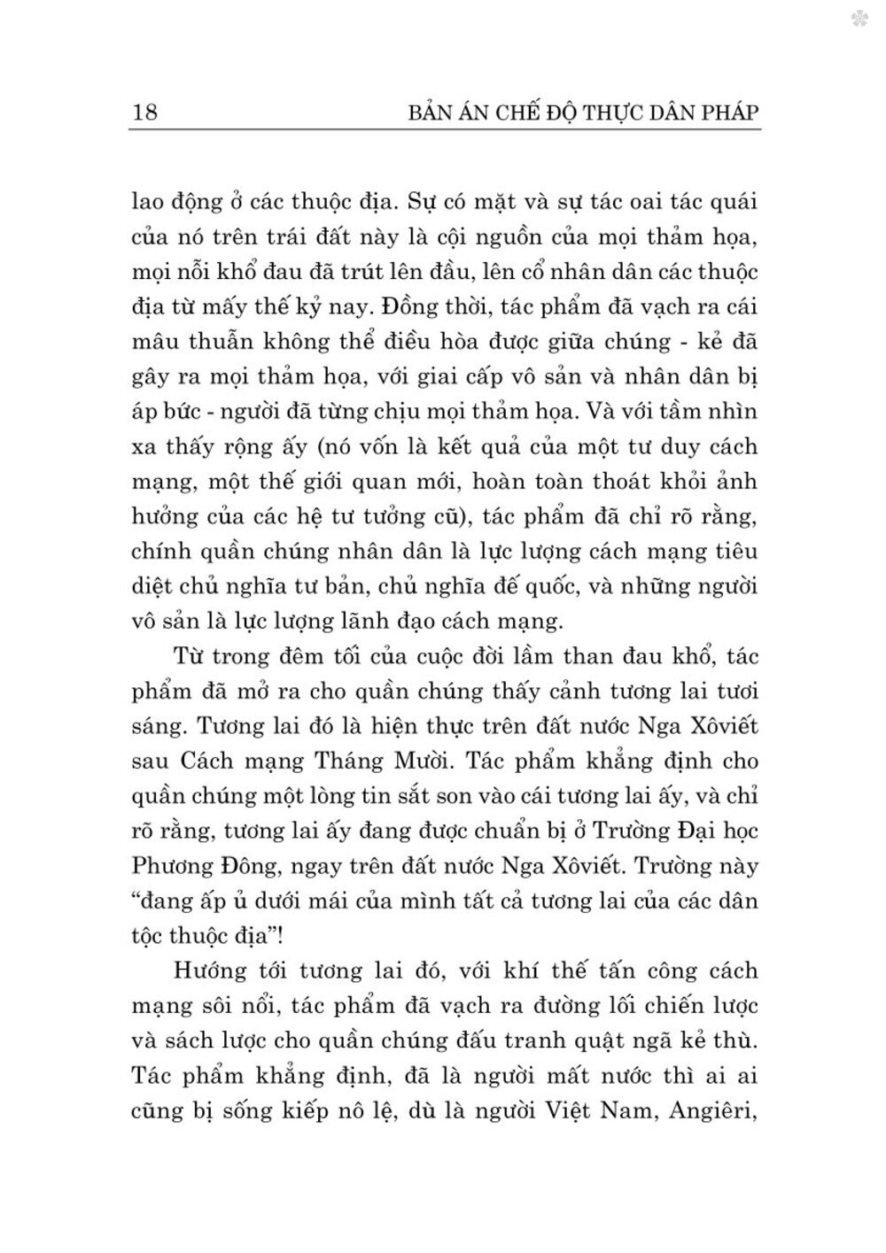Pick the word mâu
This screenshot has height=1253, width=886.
pos(154,343)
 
